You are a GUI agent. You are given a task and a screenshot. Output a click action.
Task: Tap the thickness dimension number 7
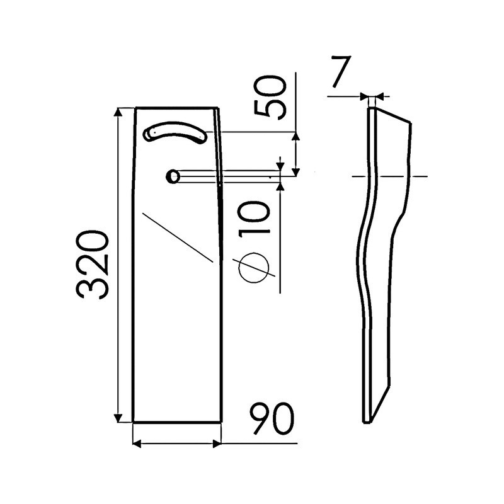[340, 74]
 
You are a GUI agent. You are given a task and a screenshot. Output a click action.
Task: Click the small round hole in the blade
[172, 176]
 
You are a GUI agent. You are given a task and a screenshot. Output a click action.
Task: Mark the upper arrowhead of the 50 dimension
[297, 137]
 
